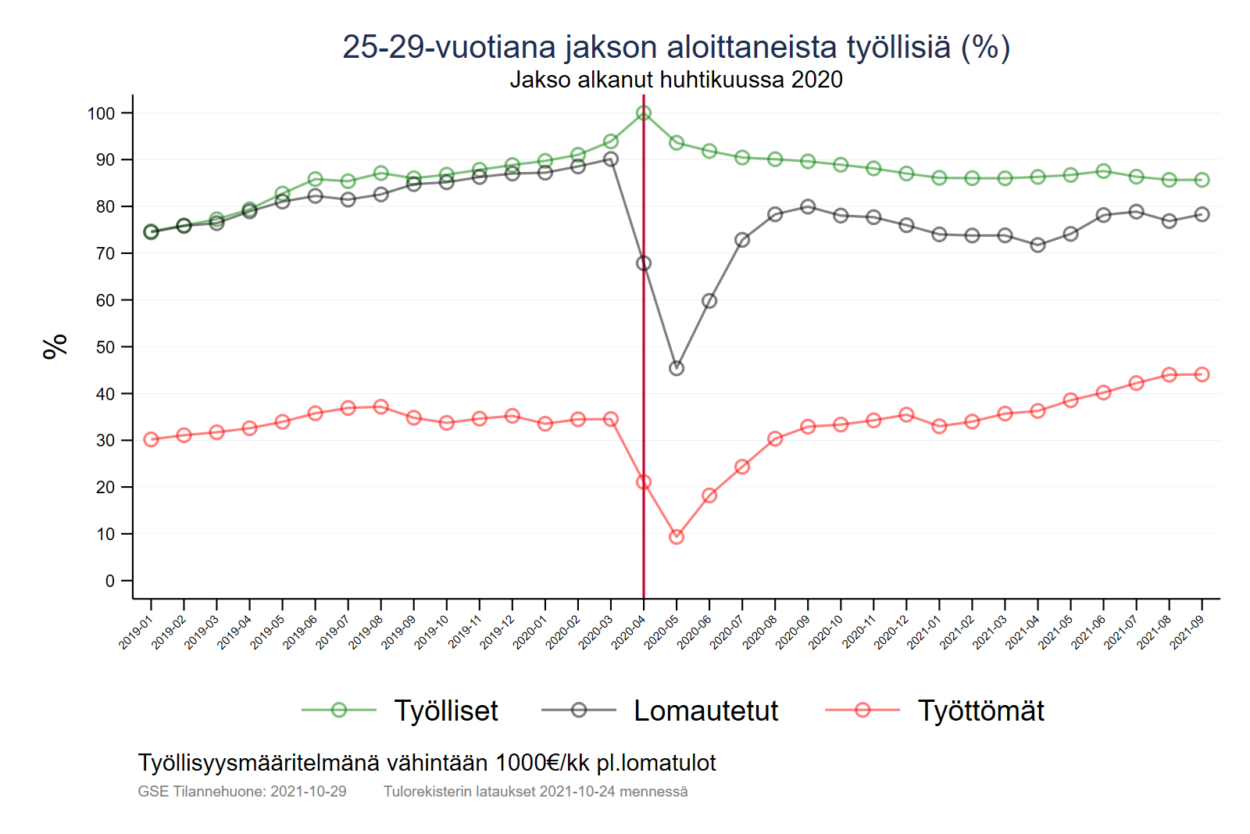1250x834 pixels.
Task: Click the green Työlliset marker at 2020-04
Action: (644, 113)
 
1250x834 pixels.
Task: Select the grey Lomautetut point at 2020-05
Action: (677, 368)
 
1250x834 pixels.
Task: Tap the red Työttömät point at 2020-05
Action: (677, 537)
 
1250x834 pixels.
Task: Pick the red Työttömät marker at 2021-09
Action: (1202, 374)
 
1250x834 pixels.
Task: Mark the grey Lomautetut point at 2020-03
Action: (611, 159)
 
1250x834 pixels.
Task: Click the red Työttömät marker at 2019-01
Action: (152, 439)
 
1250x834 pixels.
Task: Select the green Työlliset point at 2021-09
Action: (1202, 180)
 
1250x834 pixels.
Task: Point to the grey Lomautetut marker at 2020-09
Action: (808, 207)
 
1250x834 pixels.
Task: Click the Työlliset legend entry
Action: (445, 711)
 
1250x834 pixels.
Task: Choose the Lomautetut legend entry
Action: (705, 711)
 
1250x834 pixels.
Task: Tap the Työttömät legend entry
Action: (980, 711)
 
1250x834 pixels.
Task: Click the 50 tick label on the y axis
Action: (105, 347)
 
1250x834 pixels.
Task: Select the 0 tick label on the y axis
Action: (110, 581)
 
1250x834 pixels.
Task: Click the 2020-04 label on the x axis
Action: (629, 632)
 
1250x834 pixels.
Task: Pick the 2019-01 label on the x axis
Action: (136, 632)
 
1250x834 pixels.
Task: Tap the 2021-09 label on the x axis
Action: (1187, 632)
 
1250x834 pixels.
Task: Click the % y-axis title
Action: (55, 346)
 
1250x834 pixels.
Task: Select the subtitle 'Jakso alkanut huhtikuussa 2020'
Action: (676, 80)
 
